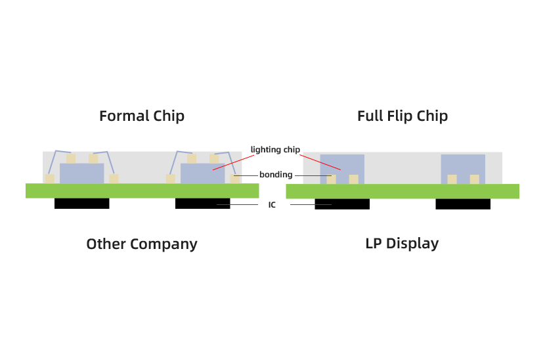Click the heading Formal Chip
[x=142, y=116]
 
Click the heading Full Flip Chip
[x=403, y=116]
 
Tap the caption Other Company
[x=142, y=244]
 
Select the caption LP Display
[x=402, y=244]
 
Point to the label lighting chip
[x=275, y=150]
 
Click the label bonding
[x=276, y=175]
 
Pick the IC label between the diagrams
[x=272, y=205]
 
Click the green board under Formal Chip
[x=142, y=191]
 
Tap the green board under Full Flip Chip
[x=403, y=191]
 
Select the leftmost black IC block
[x=82, y=204]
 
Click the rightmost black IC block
[x=462, y=204]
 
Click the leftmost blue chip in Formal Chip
[x=82, y=173]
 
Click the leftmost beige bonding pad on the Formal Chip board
[x=49, y=179]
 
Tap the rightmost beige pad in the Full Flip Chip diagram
[x=474, y=179]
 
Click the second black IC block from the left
[x=203, y=204]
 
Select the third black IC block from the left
[x=341, y=204]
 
